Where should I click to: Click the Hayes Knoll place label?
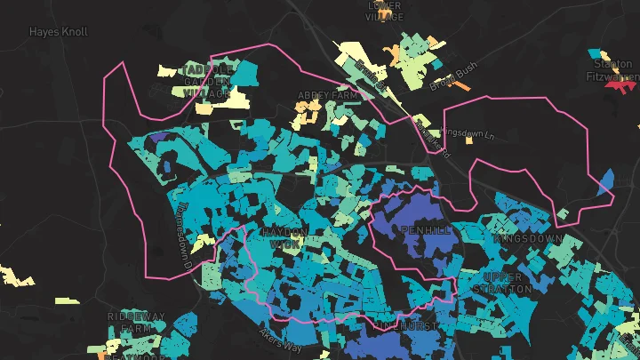(59, 31)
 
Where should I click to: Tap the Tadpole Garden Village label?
(207, 81)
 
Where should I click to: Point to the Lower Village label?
(385, 10)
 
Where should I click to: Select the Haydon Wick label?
(284, 237)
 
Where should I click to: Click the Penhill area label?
(427, 230)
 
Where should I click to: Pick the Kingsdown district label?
(531, 239)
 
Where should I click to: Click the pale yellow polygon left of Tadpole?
(169, 69)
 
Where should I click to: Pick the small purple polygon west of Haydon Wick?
(161, 138)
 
